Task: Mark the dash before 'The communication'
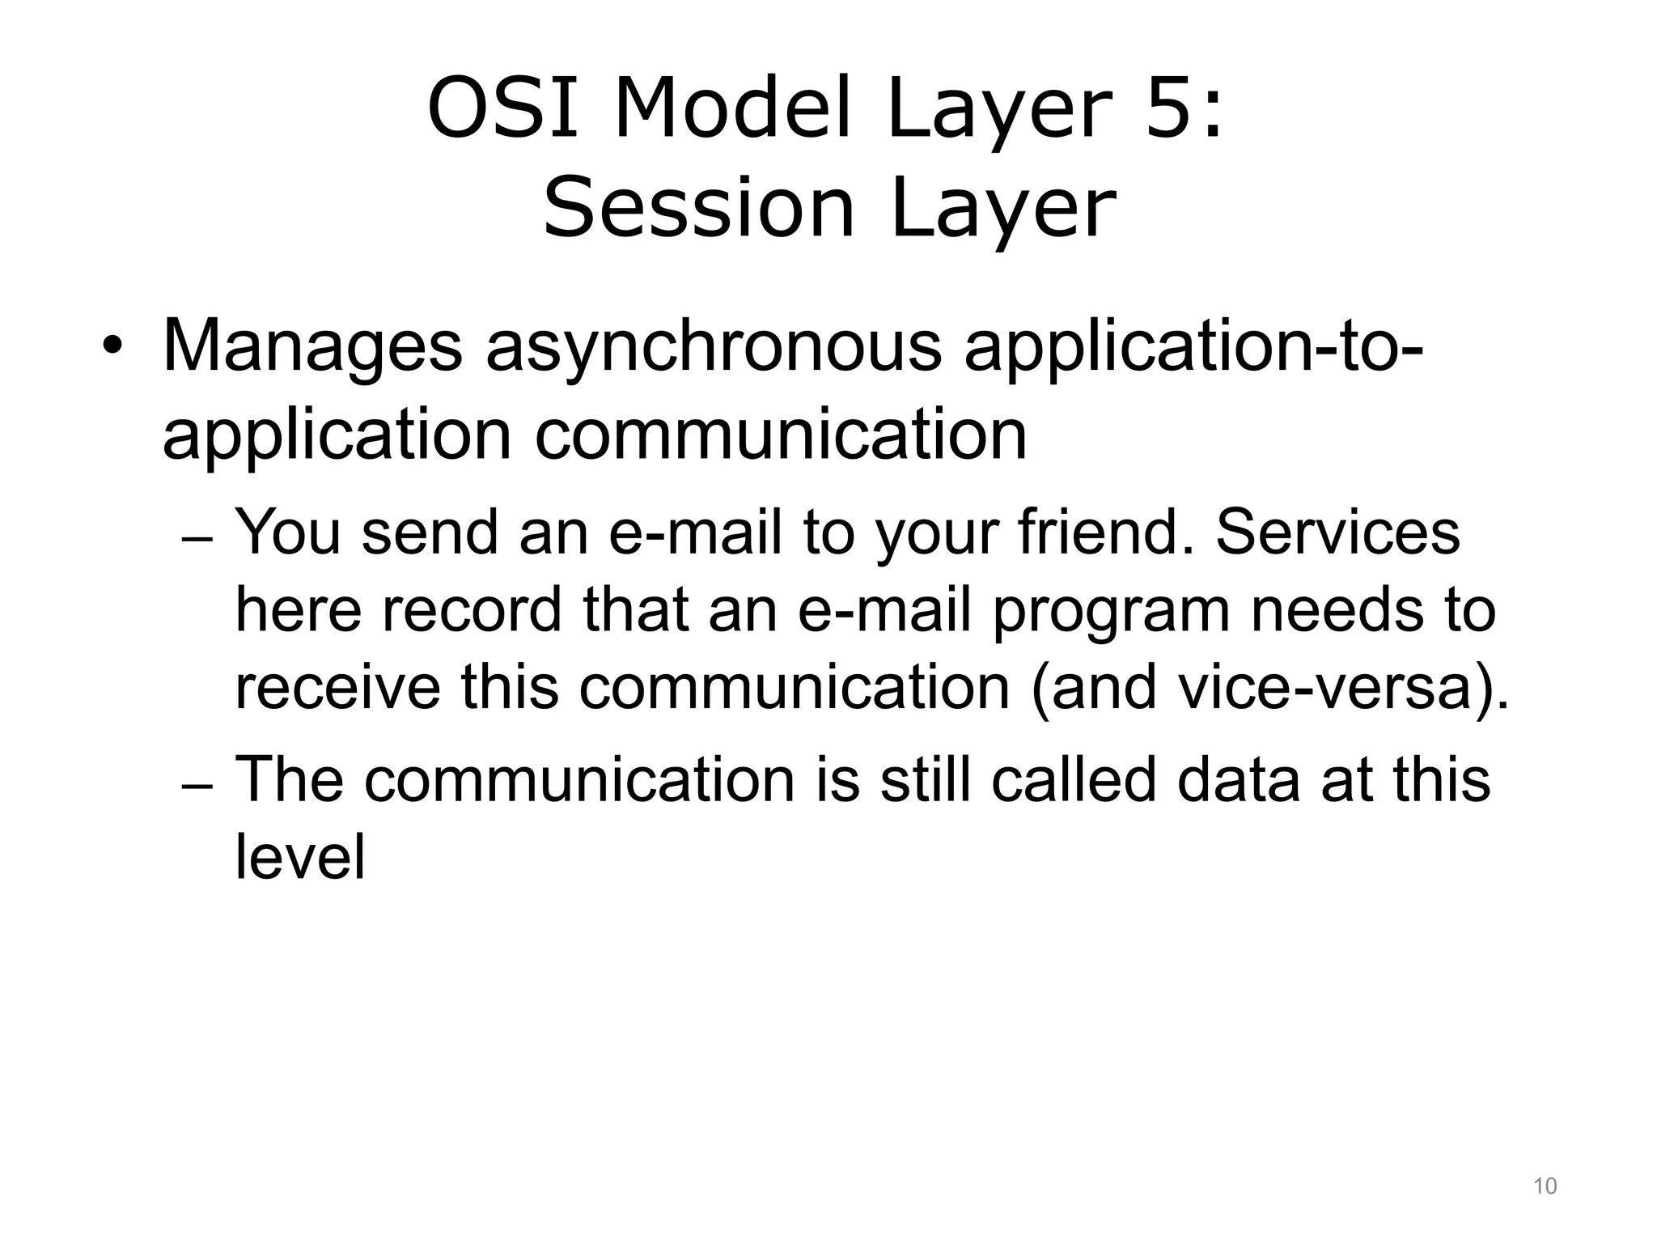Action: pos(197,787)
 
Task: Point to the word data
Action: pos(1238,780)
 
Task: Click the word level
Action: pos(300,856)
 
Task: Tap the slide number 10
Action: pos(1545,1186)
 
